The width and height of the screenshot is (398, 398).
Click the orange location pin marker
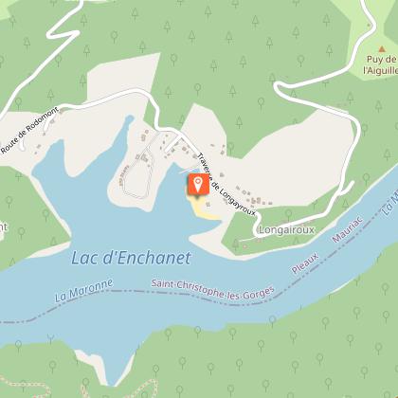click(198, 185)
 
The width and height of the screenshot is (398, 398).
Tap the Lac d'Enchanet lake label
click(131, 258)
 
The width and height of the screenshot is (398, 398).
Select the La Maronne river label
click(85, 288)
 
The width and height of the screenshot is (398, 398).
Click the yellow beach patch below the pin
click(203, 210)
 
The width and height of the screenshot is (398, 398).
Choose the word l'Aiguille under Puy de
click(379, 69)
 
